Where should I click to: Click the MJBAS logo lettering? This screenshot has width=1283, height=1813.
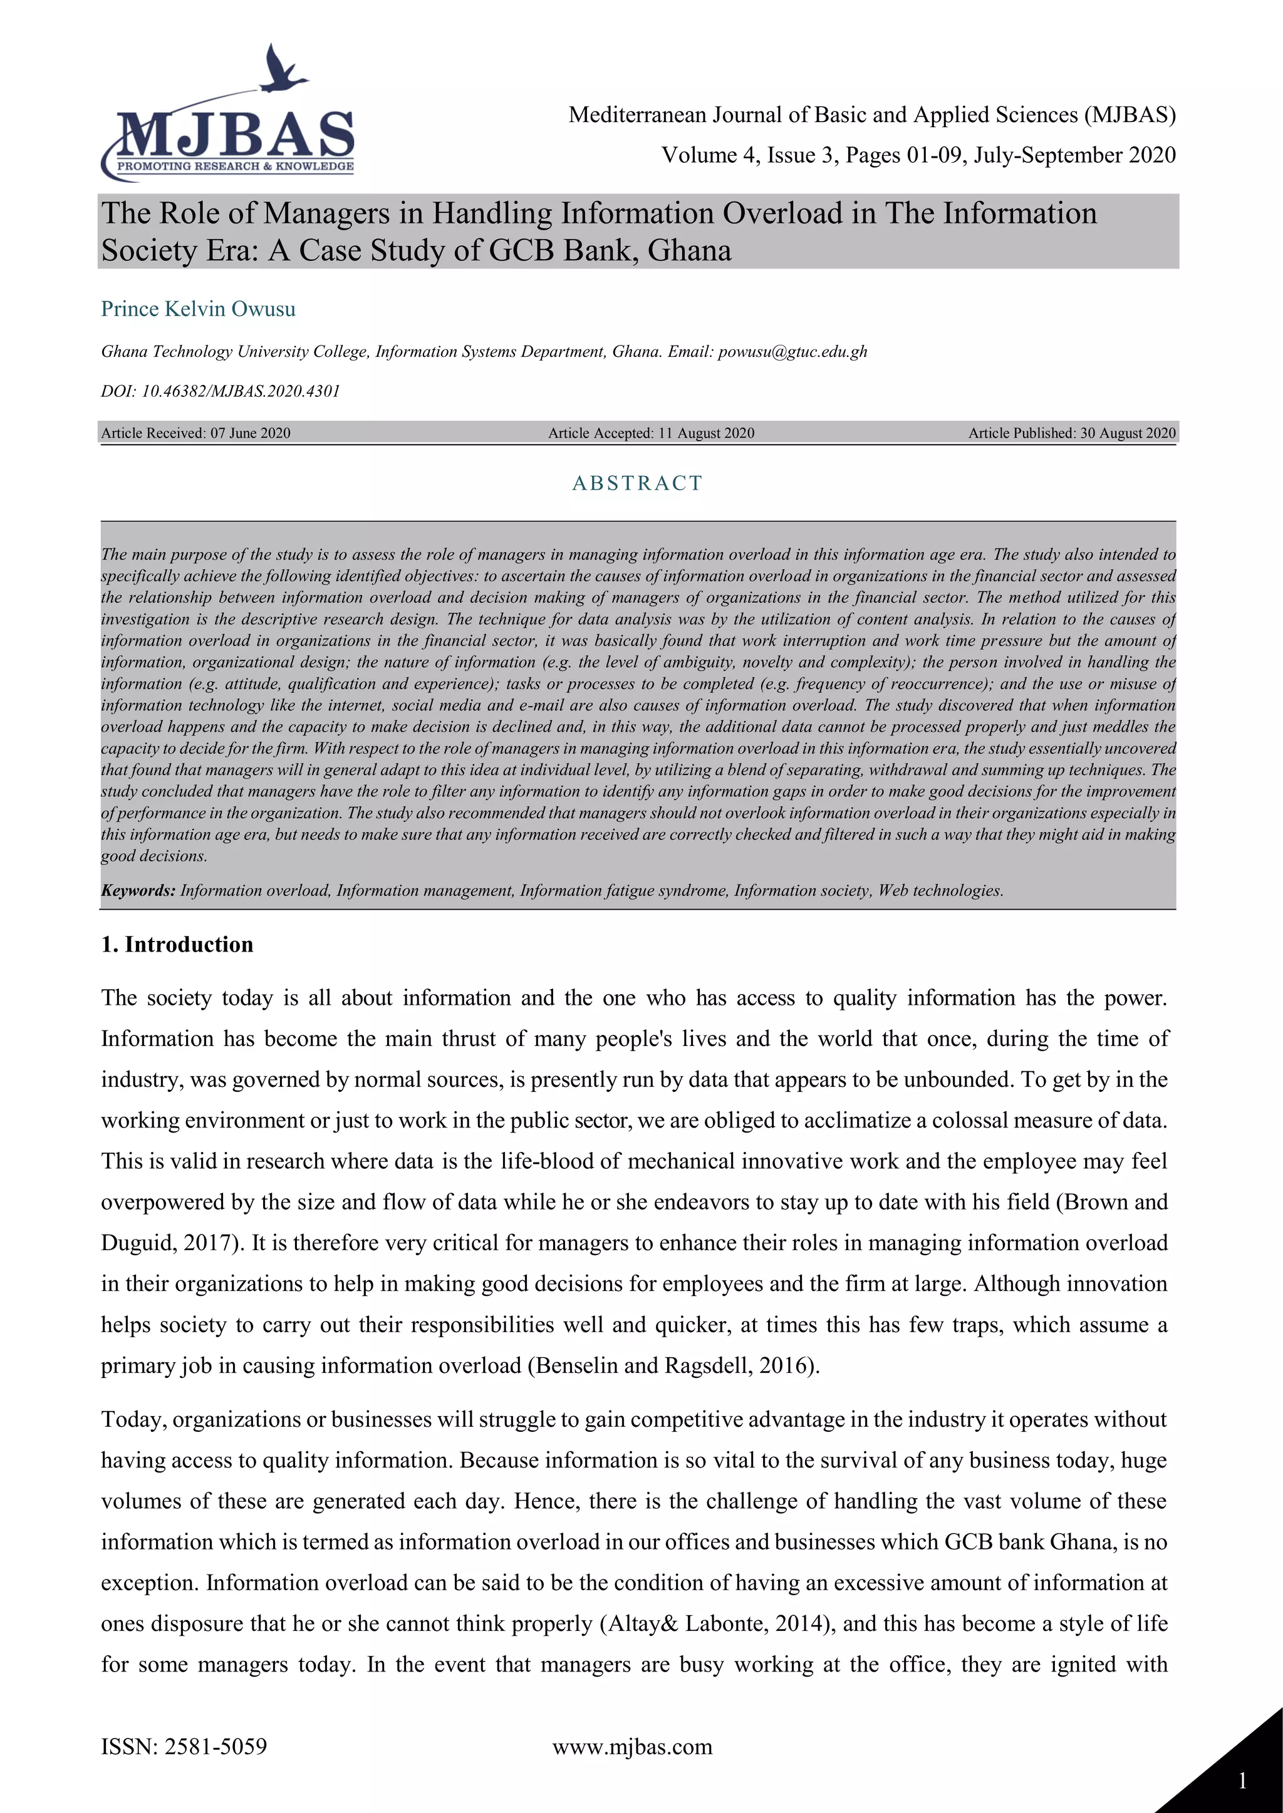pyautogui.click(x=236, y=135)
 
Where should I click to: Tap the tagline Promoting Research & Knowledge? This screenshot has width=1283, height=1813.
pyautogui.click(x=236, y=167)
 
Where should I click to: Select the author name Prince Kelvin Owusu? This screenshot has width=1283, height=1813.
pyautogui.click(x=199, y=309)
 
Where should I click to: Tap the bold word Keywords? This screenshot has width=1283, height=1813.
pyautogui.click(x=138, y=891)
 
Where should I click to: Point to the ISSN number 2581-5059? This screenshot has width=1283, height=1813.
pyautogui.click(x=216, y=1746)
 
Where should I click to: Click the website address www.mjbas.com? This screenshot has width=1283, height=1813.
pyautogui.click(x=632, y=1746)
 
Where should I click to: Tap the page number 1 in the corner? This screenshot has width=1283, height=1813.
pyautogui.click(x=1243, y=1780)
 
